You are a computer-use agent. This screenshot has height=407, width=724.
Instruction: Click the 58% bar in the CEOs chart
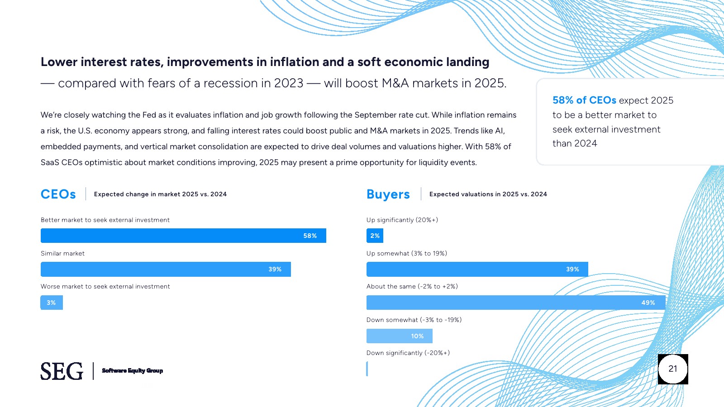coord(183,236)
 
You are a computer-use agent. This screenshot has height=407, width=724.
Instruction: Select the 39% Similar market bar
coord(166,269)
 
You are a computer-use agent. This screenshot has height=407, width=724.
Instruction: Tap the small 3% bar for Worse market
coord(52,303)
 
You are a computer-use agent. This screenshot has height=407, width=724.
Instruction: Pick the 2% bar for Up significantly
coord(375,236)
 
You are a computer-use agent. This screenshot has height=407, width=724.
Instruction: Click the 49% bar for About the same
coord(516,303)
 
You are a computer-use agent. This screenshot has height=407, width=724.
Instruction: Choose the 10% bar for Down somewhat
coord(399,336)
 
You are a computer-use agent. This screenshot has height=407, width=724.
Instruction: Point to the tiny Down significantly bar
coord(367,369)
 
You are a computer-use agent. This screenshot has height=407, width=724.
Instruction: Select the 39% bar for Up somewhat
coord(477,269)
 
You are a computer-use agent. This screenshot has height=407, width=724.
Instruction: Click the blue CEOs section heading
coord(58,194)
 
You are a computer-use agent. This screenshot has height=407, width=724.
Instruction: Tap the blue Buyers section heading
coord(388,194)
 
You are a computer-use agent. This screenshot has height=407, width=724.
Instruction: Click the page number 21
coord(673,369)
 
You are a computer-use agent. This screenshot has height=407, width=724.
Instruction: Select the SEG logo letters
coord(62,371)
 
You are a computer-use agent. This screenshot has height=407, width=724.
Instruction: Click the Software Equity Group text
coord(132,371)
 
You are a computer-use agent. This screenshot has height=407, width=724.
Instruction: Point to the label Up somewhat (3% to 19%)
coord(407,253)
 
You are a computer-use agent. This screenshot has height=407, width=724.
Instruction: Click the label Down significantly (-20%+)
coord(408,353)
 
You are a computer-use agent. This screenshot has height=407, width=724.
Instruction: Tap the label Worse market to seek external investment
coord(105,286)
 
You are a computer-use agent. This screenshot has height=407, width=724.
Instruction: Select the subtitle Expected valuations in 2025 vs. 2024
coord(488,194)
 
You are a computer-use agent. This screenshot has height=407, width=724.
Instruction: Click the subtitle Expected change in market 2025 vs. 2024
coord(160,194)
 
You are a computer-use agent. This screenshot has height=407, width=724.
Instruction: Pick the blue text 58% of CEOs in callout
coord(584,100)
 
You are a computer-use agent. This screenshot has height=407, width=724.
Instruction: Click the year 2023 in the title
coord(289,83)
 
